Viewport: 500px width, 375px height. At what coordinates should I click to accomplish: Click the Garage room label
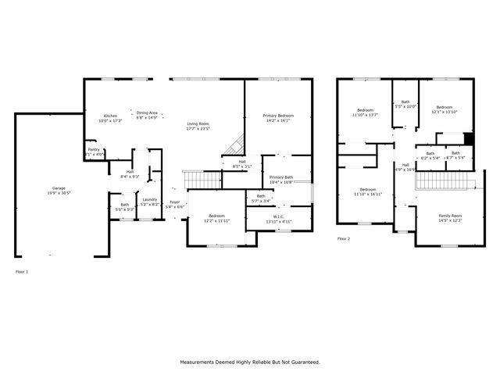[x=59, y=188]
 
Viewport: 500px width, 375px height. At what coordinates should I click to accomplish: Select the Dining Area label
[x=147, y=112]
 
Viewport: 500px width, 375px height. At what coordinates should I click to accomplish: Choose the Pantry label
[x=93, y=149]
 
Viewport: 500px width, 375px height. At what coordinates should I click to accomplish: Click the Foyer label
[x=174, y=202]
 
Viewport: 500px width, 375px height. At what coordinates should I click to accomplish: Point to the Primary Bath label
[x=281, y=177]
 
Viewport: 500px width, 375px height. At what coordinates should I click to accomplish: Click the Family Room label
[x=450, y=216]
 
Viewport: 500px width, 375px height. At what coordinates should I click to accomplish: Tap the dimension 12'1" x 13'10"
[x=445, y=112]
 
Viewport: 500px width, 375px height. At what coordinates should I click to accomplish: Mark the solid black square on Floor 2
[x=469, y=139]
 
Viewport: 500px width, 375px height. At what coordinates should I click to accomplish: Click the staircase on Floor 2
[x=442, y=181]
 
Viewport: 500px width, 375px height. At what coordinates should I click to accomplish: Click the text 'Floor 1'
[x=21, y=271]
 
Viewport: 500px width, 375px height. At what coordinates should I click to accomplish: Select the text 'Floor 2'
[x=344, y=238]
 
